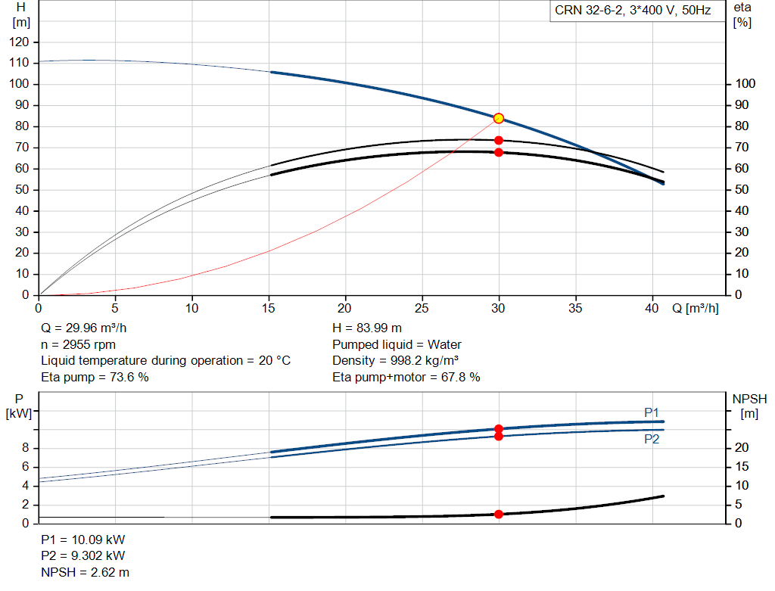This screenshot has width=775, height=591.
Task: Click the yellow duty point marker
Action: tap(499, 118)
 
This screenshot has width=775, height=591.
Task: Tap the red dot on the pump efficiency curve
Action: tap(499, 140)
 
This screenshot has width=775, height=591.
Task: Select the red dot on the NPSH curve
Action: tap(499, 515)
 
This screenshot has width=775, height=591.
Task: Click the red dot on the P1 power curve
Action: tap(499, 429)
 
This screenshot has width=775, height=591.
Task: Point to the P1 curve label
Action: tap(652, 412)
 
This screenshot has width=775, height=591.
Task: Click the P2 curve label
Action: tap(652, 440)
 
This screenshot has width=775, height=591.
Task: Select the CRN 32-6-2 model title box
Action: tap(633, 11)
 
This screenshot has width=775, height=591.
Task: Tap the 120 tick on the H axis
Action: tap(19, 42)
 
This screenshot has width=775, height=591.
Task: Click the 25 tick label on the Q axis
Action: tap(422, 308)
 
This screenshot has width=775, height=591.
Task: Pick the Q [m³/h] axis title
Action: tap(696, 308)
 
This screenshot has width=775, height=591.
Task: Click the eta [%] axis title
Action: tap(742, 15)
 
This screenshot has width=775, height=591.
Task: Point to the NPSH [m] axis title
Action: tap(749, 406)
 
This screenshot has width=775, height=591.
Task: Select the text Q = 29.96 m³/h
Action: tap(83, 328)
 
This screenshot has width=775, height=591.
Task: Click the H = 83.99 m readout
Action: tap(367, 328)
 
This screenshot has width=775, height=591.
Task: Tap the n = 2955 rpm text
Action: tap(78, 344)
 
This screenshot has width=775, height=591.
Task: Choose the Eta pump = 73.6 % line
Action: tap(95, 377)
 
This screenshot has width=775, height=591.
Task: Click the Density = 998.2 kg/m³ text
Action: tap(395, 361)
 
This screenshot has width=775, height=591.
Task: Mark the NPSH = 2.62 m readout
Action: tap(85, 572)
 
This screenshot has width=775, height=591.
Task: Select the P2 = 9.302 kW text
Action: tap(83, 555)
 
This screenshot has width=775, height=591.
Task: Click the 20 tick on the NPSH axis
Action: tap(742, 448)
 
